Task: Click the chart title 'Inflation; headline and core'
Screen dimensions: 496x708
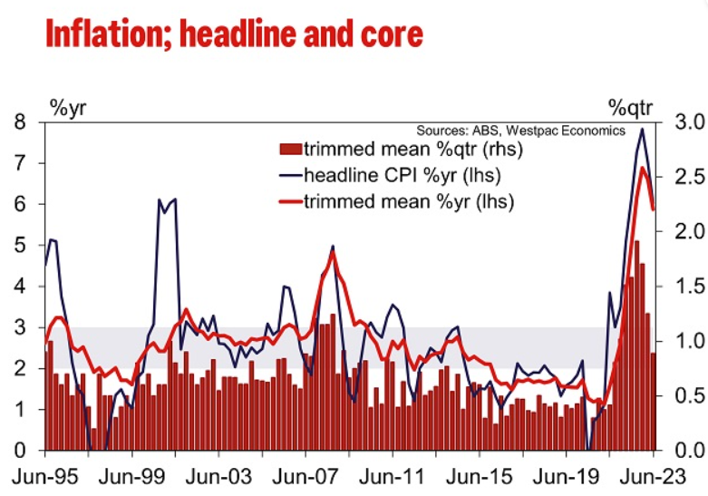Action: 234,34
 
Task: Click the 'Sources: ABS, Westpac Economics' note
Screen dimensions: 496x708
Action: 520,131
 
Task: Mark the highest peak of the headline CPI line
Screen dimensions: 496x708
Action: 642,129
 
